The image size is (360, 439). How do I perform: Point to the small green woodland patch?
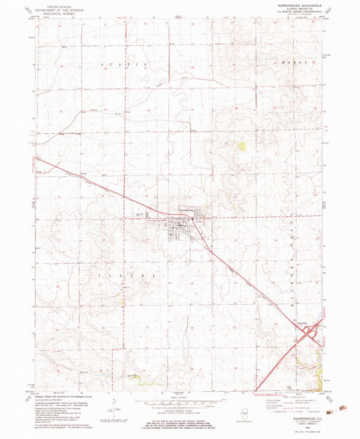[x=242, y=145]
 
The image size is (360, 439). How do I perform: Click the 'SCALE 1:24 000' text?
[x=180, y=396]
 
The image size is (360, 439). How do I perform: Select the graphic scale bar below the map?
[x=180, y=403]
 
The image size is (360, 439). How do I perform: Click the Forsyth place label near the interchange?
[x=302, y=325]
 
